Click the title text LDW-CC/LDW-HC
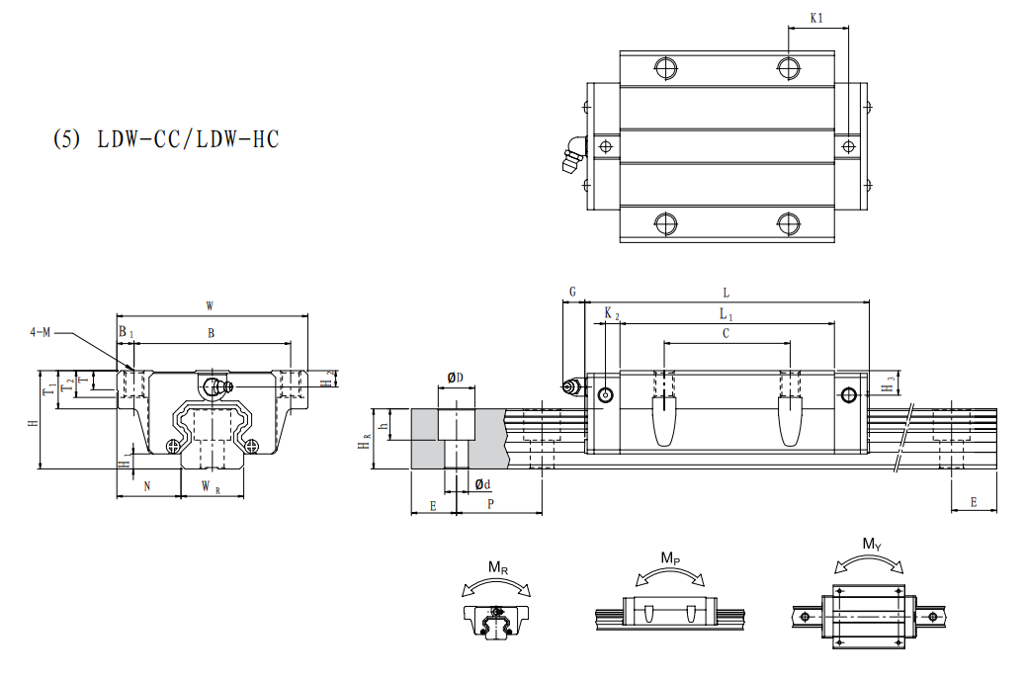[166, 139]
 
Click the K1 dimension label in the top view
[816, 18]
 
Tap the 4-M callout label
[41, 332]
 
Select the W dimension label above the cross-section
[210, 306]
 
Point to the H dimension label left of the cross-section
[33, 422]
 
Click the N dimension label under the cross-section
[147, 485]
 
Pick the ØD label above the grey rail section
[456, 378]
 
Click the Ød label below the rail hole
[483, 484]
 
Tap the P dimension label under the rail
[490, 504]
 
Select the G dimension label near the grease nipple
[572, 293]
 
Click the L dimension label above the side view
[727, 293]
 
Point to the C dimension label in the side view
[726, 334]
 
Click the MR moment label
[499, 567]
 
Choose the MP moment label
[670, 559]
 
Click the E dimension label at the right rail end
[974, 502]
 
